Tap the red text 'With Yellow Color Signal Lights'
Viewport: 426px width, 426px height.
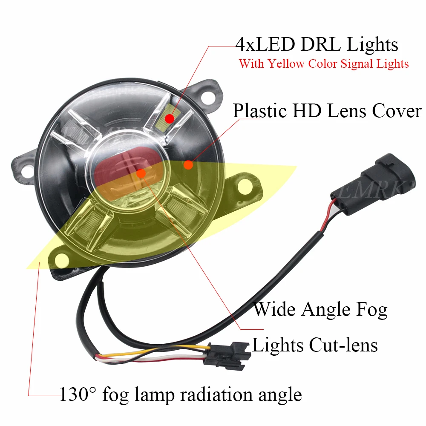point(324,64)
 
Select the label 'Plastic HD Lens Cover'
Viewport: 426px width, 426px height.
point(327,111)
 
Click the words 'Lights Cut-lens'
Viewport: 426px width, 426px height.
point(315,344)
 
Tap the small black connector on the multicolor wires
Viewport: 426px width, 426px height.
point(224,355)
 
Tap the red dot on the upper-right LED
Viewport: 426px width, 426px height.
point(170,116)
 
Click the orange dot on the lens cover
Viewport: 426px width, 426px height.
point(188,164)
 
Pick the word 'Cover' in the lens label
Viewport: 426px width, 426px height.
point(397,111)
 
